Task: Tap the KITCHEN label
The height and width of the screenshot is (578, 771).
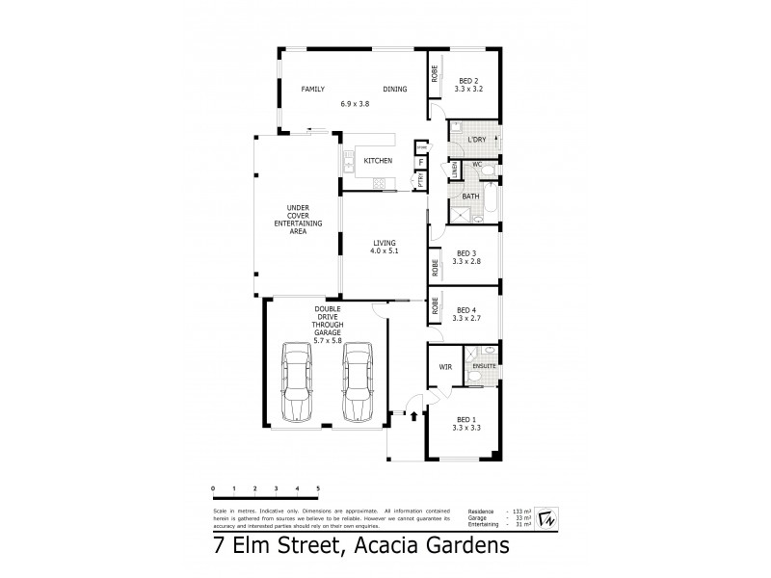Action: tap(378, 161)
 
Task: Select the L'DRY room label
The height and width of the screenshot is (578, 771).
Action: tap(476, 141)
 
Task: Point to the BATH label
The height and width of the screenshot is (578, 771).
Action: tap(470, 197)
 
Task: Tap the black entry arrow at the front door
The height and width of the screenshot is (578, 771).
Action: tap(414, 417)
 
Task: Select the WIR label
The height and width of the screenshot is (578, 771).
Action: tap(445, 367)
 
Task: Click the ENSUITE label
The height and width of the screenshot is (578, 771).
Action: tap(483, 367)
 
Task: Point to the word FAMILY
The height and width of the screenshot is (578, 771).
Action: tap(312, 90)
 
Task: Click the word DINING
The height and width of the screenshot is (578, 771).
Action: tap(394, 90)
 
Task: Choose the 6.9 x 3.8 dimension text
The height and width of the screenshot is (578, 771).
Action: tap(355, 103)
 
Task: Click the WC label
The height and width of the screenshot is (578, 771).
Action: tap(475, 165)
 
